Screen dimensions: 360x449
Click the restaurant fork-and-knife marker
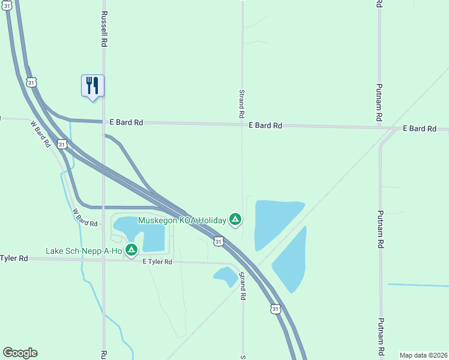(x=92, y=85)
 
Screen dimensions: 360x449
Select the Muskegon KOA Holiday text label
(x=182, y=220)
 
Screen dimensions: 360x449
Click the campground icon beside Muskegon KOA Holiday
(x=236, y=220)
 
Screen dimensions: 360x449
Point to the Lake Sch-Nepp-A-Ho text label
(x=84, y=250)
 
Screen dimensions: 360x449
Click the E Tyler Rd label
(x=157, y=262)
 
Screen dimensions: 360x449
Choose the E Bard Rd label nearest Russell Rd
(x=126, y=122)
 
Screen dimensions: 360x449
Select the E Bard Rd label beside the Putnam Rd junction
(x=418, y=128)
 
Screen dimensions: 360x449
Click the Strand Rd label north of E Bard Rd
(x=241, y=103)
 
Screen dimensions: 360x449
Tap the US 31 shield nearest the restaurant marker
(x=31, y=81)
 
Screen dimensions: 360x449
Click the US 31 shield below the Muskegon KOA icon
(x=218, y=241)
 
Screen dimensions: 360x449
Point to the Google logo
(x=20, y=353)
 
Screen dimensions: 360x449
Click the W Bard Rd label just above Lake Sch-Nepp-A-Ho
(x=85, y=218)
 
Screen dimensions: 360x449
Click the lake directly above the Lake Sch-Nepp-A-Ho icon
(x=141, y=233)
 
